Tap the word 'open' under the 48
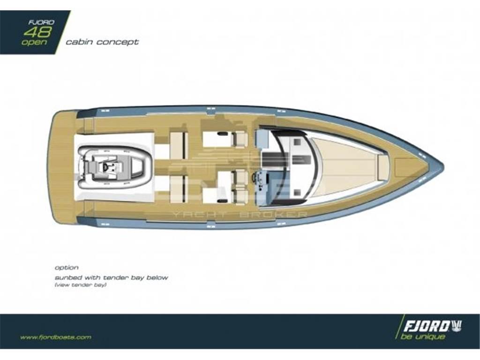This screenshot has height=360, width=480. coord(34,42)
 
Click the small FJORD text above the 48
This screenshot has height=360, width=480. coord(41,22)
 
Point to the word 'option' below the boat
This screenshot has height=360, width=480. coord(67,268)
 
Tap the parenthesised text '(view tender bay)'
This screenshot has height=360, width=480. coord(80,285)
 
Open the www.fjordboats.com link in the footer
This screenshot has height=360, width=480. coord(56,337)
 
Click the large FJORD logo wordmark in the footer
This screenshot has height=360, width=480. coord(426,327)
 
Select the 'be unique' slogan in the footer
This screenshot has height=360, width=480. coord(422,337)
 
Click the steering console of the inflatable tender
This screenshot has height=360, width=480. coord(107,167)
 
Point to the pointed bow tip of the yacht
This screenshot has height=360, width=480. coord(443,167)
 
